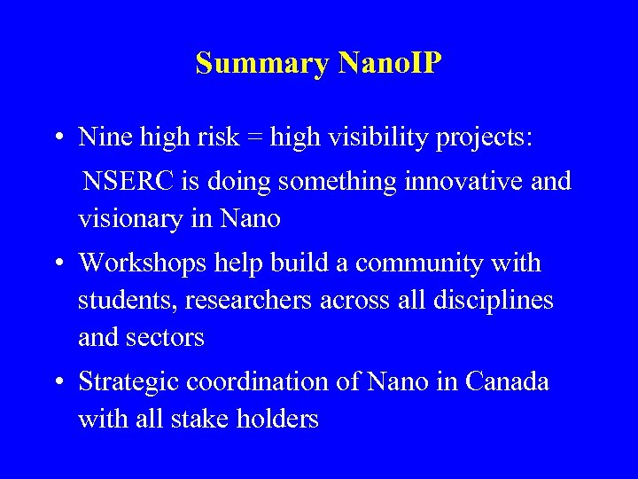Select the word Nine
100,137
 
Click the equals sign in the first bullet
254,137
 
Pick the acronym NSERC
128,181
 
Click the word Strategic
131,381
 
